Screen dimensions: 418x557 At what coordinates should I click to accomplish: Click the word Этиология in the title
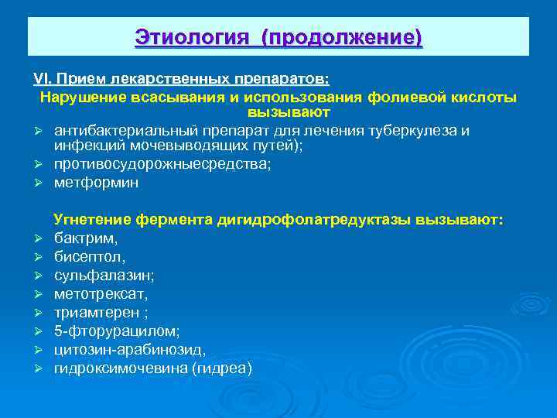(x=193, y=36)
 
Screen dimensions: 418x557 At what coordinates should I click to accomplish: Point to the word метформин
(x=96, y=183)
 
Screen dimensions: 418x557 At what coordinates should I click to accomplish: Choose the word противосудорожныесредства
(x=162, y=165)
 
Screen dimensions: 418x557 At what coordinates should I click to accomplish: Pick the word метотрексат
(x=101, y=293)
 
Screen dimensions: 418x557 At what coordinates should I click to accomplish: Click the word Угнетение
(x=92, y=220)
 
